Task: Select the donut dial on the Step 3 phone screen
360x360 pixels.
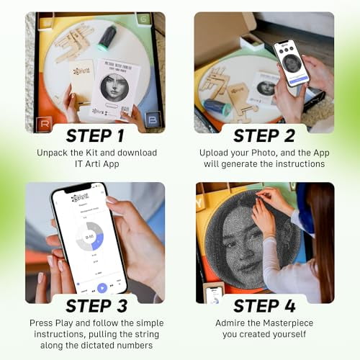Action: point(90,235)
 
